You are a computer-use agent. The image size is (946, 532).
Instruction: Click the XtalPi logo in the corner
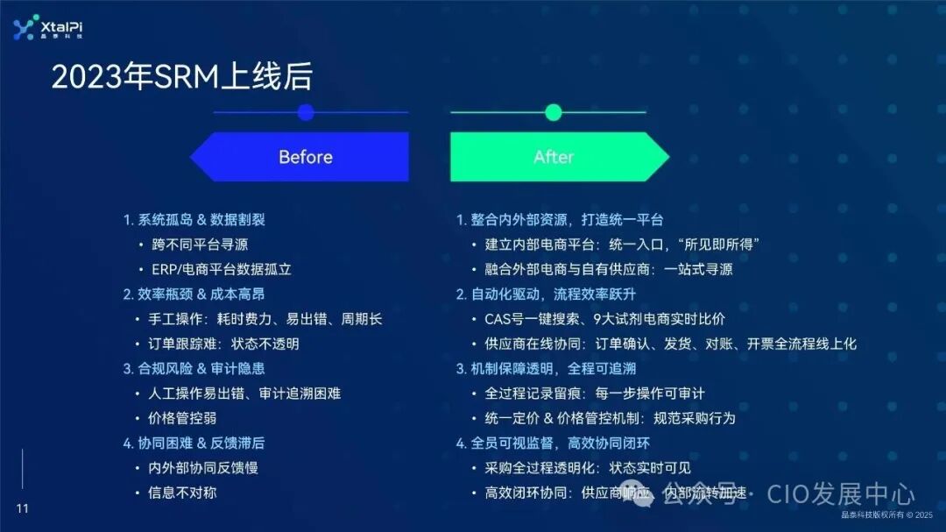click(48, 28)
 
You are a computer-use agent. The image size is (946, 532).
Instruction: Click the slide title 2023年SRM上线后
click(181, 78)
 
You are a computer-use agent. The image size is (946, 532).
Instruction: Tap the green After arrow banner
click(554, 157)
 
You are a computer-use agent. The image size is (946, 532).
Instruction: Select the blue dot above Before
click(306, 112)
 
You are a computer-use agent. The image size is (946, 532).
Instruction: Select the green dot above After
click(553, 112)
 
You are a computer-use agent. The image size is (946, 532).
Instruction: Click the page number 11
click(23, 509)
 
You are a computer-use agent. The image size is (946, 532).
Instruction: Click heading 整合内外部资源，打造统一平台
click(560, 219)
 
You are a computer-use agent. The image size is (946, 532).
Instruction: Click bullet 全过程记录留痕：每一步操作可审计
click(595, 394)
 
